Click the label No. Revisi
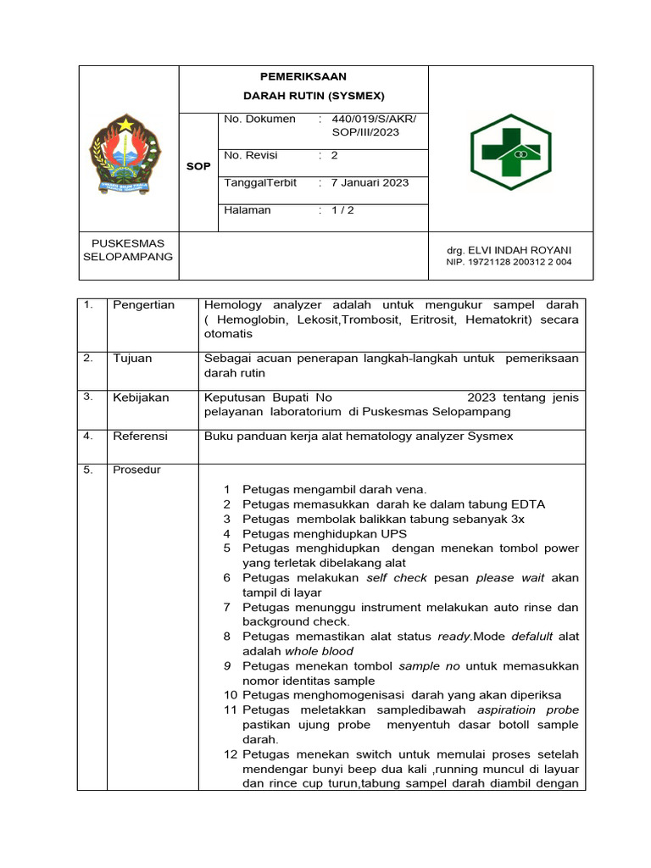point(250,156)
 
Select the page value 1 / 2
point(343,210)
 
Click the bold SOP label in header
point(198,166)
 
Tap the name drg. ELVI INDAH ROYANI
point(509,250)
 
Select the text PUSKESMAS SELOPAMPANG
point(127,249)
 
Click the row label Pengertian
point(143,305)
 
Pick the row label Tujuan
point(132,359)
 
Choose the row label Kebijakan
point(141,398)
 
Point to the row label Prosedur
point(136,470)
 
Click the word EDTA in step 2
point(527,504)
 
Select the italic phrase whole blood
point(319,651)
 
